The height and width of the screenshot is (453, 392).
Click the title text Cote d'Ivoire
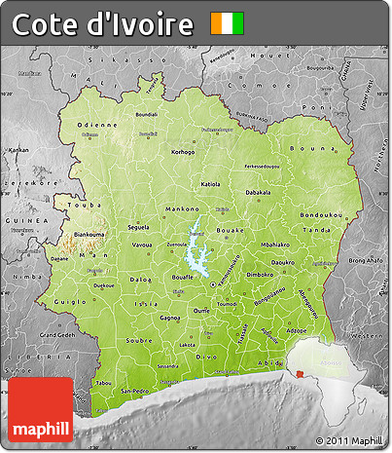point(102,23)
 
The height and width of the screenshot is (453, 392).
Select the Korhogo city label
point(183,152)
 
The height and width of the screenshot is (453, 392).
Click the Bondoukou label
point(323,214)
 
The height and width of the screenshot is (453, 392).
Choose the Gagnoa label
point(170,318)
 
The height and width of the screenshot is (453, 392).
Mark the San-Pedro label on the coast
point(133,390)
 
